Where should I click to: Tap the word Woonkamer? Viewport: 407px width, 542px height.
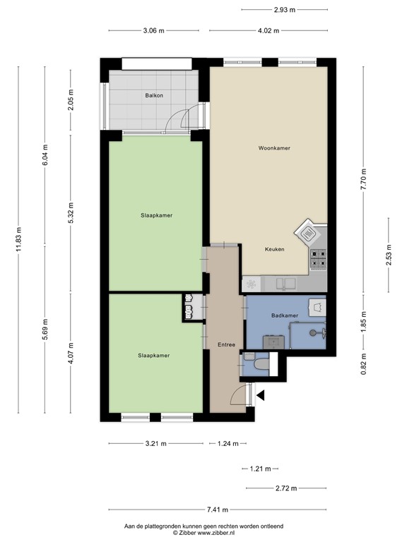tap(274, 148)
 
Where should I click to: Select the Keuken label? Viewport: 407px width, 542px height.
tap(275, 249)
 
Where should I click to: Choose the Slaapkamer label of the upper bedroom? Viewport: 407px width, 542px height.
tap(155, 215)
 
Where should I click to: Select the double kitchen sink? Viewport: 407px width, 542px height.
tap(286, 284)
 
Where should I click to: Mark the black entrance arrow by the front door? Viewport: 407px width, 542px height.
tap(261, 396)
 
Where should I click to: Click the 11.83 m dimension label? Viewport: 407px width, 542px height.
tap(19, 239)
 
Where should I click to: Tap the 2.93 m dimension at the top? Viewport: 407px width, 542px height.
tap(284, 9)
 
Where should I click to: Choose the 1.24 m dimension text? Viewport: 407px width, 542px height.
tap(227, 444)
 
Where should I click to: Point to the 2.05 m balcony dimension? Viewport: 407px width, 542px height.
tap(71, 100)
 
